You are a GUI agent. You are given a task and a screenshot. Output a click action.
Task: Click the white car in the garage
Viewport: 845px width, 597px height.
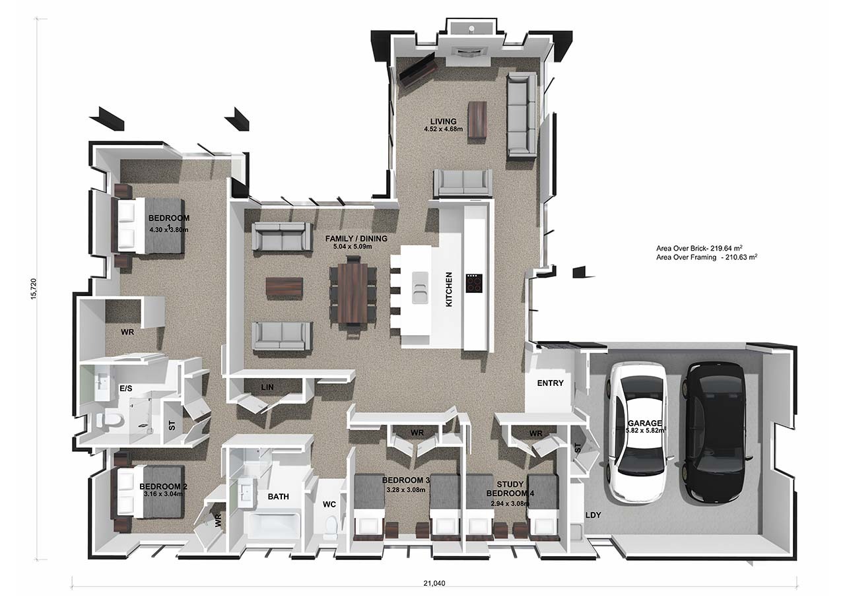tap(637, 433)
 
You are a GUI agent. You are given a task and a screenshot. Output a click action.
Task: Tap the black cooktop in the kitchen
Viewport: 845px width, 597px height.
tap(474, 283)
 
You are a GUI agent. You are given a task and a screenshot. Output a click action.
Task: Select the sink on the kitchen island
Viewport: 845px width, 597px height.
tap(420, 288)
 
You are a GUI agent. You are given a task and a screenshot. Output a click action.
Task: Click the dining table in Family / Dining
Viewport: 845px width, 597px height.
tap(353, 293)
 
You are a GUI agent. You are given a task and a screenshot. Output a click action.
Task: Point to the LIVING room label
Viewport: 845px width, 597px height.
tap(443, 121)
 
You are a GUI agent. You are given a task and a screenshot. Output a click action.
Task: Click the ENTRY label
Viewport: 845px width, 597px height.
tap(550, 383)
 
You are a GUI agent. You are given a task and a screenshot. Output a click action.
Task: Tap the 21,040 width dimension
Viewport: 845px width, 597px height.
tap(434, 583)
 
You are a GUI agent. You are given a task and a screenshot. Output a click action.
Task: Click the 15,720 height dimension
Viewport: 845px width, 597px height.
tap(34, 289)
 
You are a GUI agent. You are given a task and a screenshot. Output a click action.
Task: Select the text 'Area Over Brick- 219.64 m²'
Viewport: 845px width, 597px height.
tap(699, 248)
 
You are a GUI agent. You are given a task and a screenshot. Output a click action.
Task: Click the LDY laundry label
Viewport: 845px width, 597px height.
tap(593, 515)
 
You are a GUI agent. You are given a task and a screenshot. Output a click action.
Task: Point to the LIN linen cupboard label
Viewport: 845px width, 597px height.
tap(267, 387)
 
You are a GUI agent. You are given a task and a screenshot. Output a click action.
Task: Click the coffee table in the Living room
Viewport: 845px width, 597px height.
tap(477, 123)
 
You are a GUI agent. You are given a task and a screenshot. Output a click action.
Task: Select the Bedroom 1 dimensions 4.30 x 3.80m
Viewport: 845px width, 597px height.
tap(168, 230)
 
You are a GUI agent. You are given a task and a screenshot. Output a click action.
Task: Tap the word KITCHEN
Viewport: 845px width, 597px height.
tap(449, 290)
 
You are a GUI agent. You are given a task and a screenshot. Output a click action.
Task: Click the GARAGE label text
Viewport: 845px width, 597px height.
tap(645, 424)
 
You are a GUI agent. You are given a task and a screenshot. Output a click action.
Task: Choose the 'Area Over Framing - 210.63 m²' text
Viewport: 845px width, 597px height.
tap(706, 257)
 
